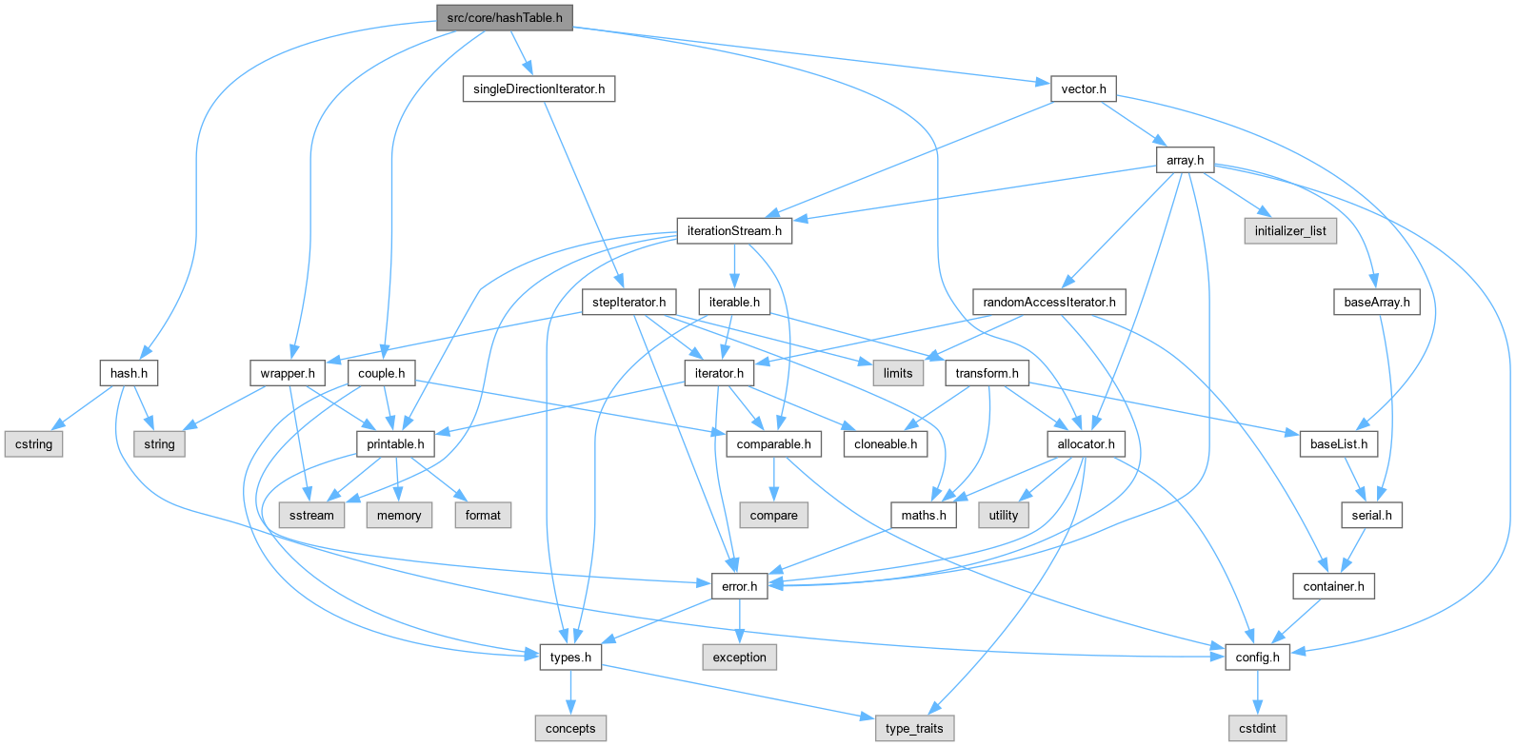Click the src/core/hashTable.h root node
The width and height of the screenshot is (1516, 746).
(x=504, y=17)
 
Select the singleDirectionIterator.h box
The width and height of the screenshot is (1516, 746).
(x=539, y=88)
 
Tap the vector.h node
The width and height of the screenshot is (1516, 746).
(x=1084, y=88)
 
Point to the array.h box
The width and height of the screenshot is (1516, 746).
(x=1185, y=160)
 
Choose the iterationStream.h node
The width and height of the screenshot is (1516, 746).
(x=734, y=231)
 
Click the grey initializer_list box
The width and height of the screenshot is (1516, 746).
(x=1290, y=231)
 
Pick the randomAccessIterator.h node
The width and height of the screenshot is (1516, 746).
(x=1049, y=302)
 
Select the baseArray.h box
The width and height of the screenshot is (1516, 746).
(x=1377, y=302)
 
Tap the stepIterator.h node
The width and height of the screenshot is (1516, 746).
(x=628, y=302)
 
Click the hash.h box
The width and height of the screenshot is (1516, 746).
(x=129, y=373)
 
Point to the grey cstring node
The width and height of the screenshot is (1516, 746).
(x=34, y=444)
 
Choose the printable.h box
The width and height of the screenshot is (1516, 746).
(x=395, y=444)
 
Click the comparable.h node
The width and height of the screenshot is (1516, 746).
(x=773, y=444)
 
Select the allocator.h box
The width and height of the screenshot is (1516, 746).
(x=1086, y=444)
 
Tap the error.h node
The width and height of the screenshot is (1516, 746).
(x=739, y=586)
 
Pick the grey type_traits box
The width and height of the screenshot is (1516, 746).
(x=914, y=729)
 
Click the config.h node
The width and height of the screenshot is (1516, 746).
(x=1258, y=658)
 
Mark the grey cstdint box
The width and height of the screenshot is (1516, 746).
(x=1258, y=729)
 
